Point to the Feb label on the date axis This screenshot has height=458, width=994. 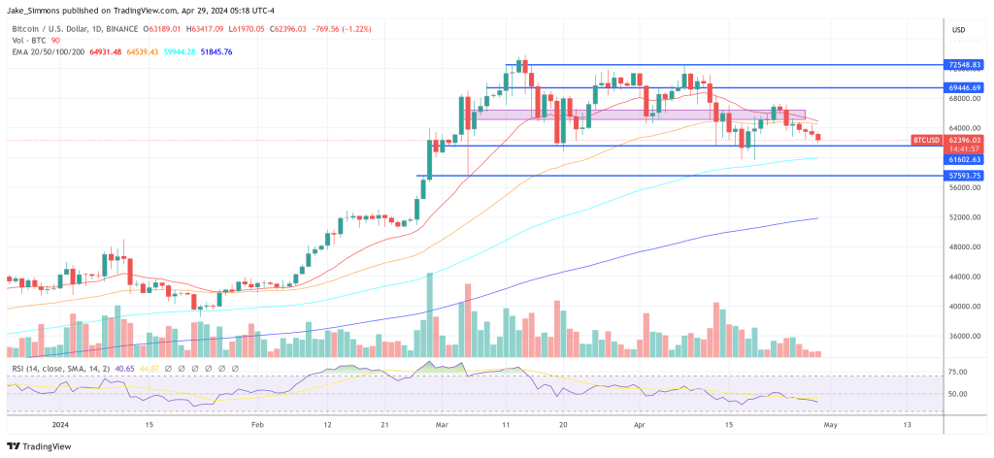pyautogui.click(x=257, y=424)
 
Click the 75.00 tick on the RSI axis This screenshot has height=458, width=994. pyautogui.click(x=958, y=372)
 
